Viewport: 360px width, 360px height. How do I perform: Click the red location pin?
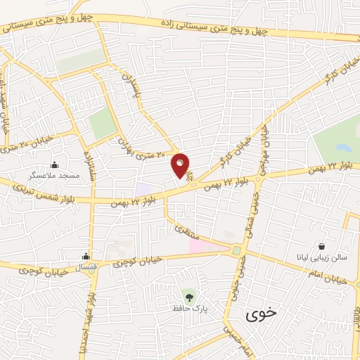181,165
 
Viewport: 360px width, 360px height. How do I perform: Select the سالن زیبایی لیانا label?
321,258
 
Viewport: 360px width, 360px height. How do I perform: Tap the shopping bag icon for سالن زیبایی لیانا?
321,247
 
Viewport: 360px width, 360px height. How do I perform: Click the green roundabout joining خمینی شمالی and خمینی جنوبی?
237,250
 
